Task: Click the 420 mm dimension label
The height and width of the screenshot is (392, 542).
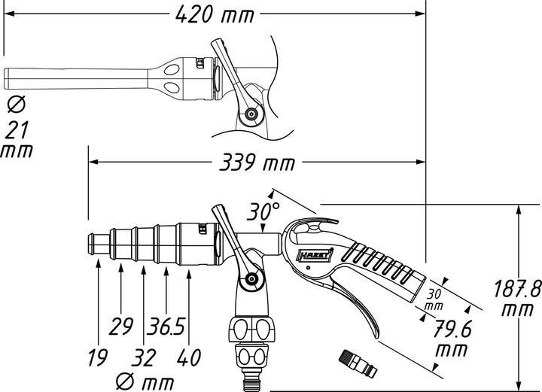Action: pos(215,14)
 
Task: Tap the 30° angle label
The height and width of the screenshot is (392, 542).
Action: pos(265,213)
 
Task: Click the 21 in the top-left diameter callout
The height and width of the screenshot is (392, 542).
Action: pos(16,129)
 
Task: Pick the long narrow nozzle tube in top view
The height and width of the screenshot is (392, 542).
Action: pos(75,77)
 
